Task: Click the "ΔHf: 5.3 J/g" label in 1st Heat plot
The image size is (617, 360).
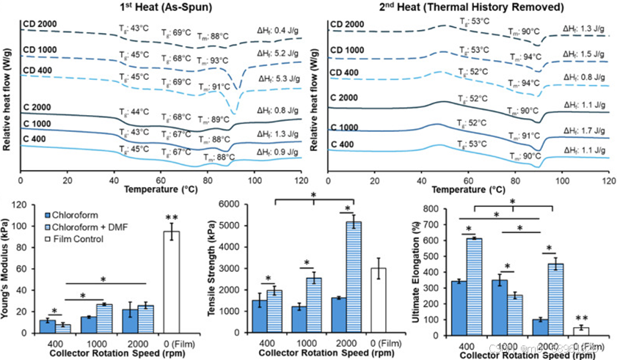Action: (277, 78)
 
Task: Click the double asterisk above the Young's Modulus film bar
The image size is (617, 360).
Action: (172, 218)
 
